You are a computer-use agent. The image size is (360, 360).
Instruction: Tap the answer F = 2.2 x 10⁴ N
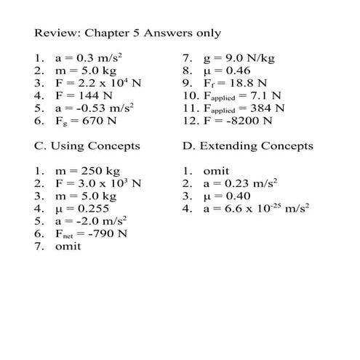(x=97, y=82)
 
